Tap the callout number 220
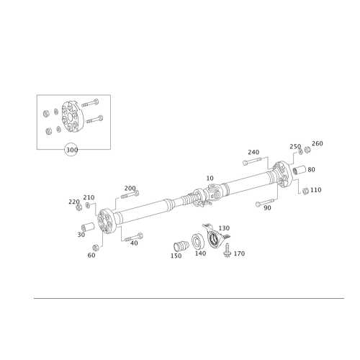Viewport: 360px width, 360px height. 72,200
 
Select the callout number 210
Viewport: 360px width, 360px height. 88,197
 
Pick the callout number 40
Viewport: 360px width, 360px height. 134,243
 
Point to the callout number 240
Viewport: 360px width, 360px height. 253,152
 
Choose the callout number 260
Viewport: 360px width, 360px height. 318,144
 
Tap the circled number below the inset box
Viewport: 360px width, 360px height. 71,150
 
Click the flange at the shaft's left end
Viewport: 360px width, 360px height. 108,220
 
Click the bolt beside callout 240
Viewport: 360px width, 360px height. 258,162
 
